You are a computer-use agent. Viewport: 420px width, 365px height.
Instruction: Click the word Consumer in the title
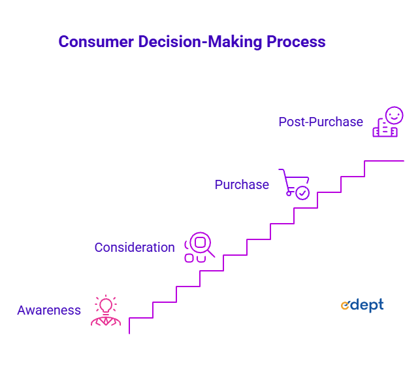pos(96,42)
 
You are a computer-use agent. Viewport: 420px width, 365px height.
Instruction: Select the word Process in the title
pos(296,42)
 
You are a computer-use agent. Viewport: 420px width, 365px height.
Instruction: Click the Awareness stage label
pos(49,310)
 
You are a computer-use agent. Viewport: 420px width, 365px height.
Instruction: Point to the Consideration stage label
pos(135,247)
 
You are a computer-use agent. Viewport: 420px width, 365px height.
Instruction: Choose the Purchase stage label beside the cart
pos(242,184)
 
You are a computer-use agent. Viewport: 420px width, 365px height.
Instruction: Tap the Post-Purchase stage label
pos(321,122)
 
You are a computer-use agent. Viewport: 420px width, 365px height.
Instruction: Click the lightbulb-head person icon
pos(106,310)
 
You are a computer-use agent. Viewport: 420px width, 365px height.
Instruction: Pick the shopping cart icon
pos(294,184)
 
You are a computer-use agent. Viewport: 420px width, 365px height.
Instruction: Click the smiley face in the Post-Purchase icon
pos(395,115)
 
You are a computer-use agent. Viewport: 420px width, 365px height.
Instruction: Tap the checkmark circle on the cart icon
pos(302,192)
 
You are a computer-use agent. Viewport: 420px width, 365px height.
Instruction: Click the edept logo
pos(362,305)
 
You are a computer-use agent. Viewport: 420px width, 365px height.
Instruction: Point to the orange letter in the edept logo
pos(345,305)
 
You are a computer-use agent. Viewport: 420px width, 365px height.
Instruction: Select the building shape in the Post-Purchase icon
pos(385,128)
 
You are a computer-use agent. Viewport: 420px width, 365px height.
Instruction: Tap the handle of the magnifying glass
pos(211,253)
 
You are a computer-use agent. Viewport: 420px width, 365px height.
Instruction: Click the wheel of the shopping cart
pos(289,194)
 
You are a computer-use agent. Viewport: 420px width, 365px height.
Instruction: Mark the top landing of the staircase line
pos(384,161)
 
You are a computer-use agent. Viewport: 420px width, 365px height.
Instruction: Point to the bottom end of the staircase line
pos(129,334)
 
